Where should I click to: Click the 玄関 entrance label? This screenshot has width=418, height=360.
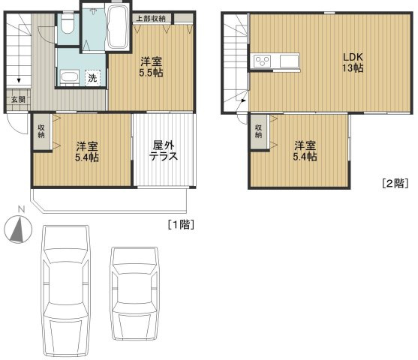[x=17, y=98]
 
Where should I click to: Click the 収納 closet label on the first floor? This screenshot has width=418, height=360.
[x=41, y=130]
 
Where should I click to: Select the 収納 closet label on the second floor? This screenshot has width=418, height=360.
[x=259, y=131]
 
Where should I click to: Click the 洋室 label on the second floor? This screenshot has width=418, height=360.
[x=305, y=144]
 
